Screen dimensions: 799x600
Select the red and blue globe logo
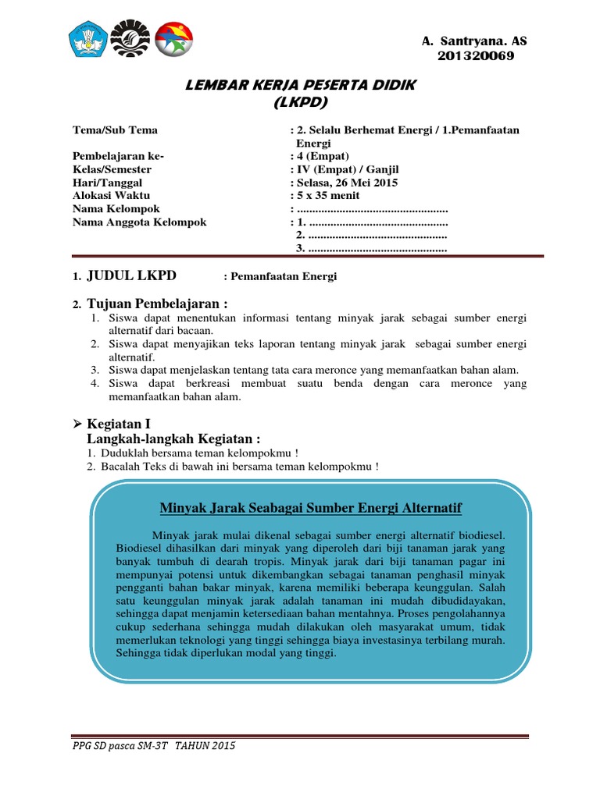click(173, 39)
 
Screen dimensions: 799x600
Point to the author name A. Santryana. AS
click(474, 41)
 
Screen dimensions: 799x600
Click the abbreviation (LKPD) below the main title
click(301, 102)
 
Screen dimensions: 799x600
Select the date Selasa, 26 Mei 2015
click(346, 183)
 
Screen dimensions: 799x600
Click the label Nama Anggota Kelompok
click(139, 222)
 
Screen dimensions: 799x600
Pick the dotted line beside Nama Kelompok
click(372, 209)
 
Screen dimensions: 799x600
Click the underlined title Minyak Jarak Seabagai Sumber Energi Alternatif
click(311, 509)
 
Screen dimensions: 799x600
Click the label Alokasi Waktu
click(111, 196)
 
